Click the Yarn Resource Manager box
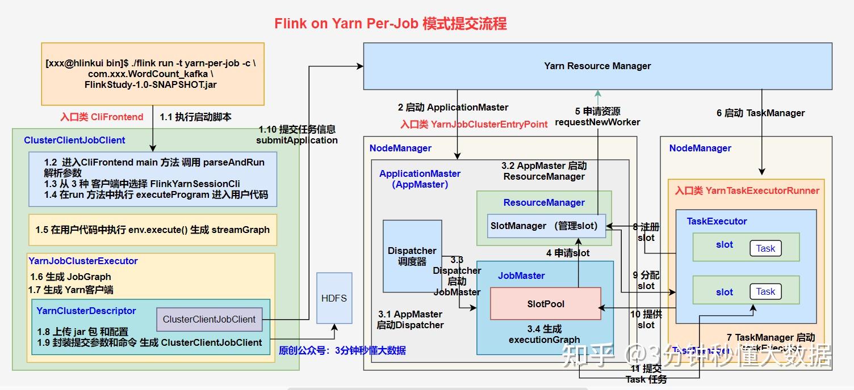pyautogui.click(x=597, y=66)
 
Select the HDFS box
pyautogui.click(x=334, y=298)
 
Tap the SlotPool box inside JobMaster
pyautogui.click(x=545, y=304)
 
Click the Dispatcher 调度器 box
pyautogui.click(x=412, y=256)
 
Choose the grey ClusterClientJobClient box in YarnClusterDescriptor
pyautogui.click(x=209, y=319)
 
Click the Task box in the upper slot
pyautogui.click(x=765, y=248)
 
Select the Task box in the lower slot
pyautogui.click(x=765, y=291)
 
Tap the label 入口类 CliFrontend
pyautogui.click(x=102, y=117)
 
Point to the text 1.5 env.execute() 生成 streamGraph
pyautogui.click(x=152, y=230)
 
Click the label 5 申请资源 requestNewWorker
pyautogui.click(x=597, y=117)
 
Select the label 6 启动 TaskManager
pyautogui.click(x=760, y=113)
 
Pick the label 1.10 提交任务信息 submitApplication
pyautogui.click(x=297, y=135)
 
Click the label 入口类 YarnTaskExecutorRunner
pyautogui.click(x=747, y=190)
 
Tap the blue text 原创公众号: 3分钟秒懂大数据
pyautogui.click(x=342, y=350)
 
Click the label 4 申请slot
pyautogui.click(x=568, y=253)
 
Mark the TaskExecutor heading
pyautogui.click(x=717, y=221)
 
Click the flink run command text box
pyautogui.click(x=153, y=74)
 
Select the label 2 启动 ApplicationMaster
pyautogui.click(x=453, y=107)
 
